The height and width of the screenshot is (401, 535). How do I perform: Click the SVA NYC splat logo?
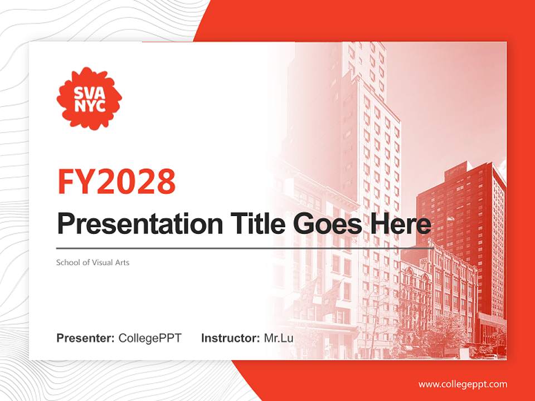(89, 98)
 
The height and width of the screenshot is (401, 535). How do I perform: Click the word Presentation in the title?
(131, 224)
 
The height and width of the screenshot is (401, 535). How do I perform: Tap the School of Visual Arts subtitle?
(93, 262)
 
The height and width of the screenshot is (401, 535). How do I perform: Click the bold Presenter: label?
(86, 338)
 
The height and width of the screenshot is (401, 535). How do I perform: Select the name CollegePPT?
(150, 338)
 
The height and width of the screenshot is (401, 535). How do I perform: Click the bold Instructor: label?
(230, 338)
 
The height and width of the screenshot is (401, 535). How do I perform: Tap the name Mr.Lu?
(279, 338)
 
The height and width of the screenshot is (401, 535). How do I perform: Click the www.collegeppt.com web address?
(463, 384)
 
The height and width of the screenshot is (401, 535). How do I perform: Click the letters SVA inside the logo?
(89, 91)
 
